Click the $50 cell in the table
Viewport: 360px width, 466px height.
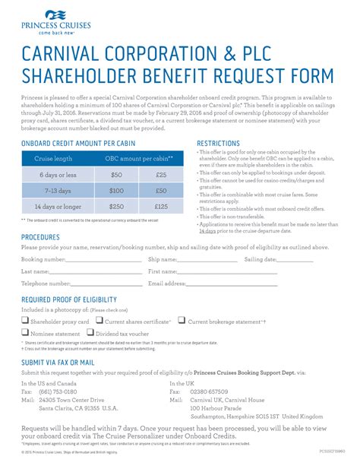(x=117, y=174)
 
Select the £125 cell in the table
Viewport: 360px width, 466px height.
(x=161, y=206)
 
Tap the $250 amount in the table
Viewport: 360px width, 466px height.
(x=117, y=206)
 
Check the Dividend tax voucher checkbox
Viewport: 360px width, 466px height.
(x=90, y=332)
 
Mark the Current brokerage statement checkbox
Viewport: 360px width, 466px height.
(x=182, y=321)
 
